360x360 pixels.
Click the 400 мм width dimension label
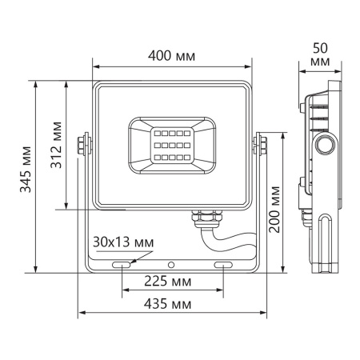pyautogui.click(x=172, y=55)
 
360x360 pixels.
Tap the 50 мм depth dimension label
pyautogui.click(x=318, y=54)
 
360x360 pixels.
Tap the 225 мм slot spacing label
pyautogui.click(x=170, y=282)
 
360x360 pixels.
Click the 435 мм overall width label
pyautogui.click(x=170, y=305)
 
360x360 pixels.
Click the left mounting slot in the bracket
pyautogui.click(x=122, y=263)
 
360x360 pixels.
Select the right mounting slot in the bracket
pyautogui.click(x=222, y=263)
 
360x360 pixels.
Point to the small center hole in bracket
pyautogui.click(x=172, y=262)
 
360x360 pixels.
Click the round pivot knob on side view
pyautogui.click(x=325, y=146)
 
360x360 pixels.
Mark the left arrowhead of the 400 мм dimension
pyautogui.click(x=97, y=66)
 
